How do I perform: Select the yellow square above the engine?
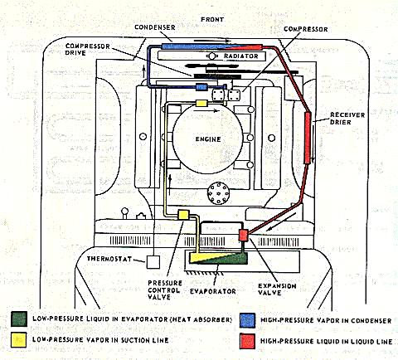coord(201,103)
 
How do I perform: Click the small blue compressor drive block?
coord(201,86)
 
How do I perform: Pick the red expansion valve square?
coord(244,236)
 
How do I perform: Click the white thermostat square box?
coord(154,262)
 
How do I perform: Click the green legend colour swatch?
coord(17,319)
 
